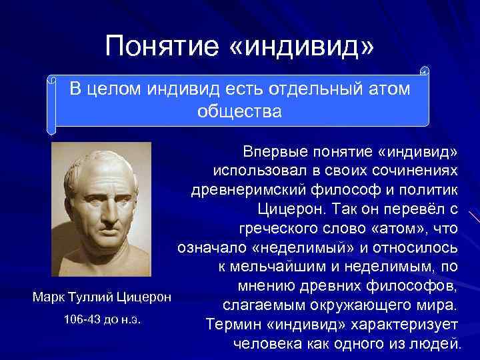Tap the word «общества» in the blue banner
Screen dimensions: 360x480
240,111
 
